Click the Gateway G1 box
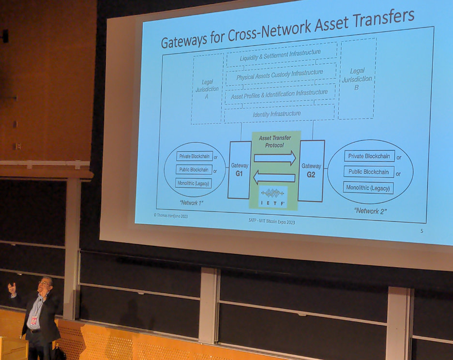[x=239, y=170]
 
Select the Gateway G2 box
[x=311, y=171]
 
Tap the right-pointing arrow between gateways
[x=275, y=158]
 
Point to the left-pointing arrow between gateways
[x=274, y=177]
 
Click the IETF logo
[x=273, y=196]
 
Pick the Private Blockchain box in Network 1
[x=195, y=156]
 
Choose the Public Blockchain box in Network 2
[x=369, y=172]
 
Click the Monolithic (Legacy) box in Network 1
[x=193, y=183]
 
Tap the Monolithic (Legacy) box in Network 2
[x=368, y=188]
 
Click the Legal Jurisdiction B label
[x=357, y=79]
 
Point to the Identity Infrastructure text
[x=277, y=114]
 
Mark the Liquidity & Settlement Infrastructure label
[x=280, y=55]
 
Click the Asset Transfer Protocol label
[x=275, y=142]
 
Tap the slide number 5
[x=422, y=231]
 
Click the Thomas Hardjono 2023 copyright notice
[x=171, y=215]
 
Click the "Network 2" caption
[x=370, y=211]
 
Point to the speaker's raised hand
[x=12, y=288]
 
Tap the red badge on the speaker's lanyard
[x=34, y=321]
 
